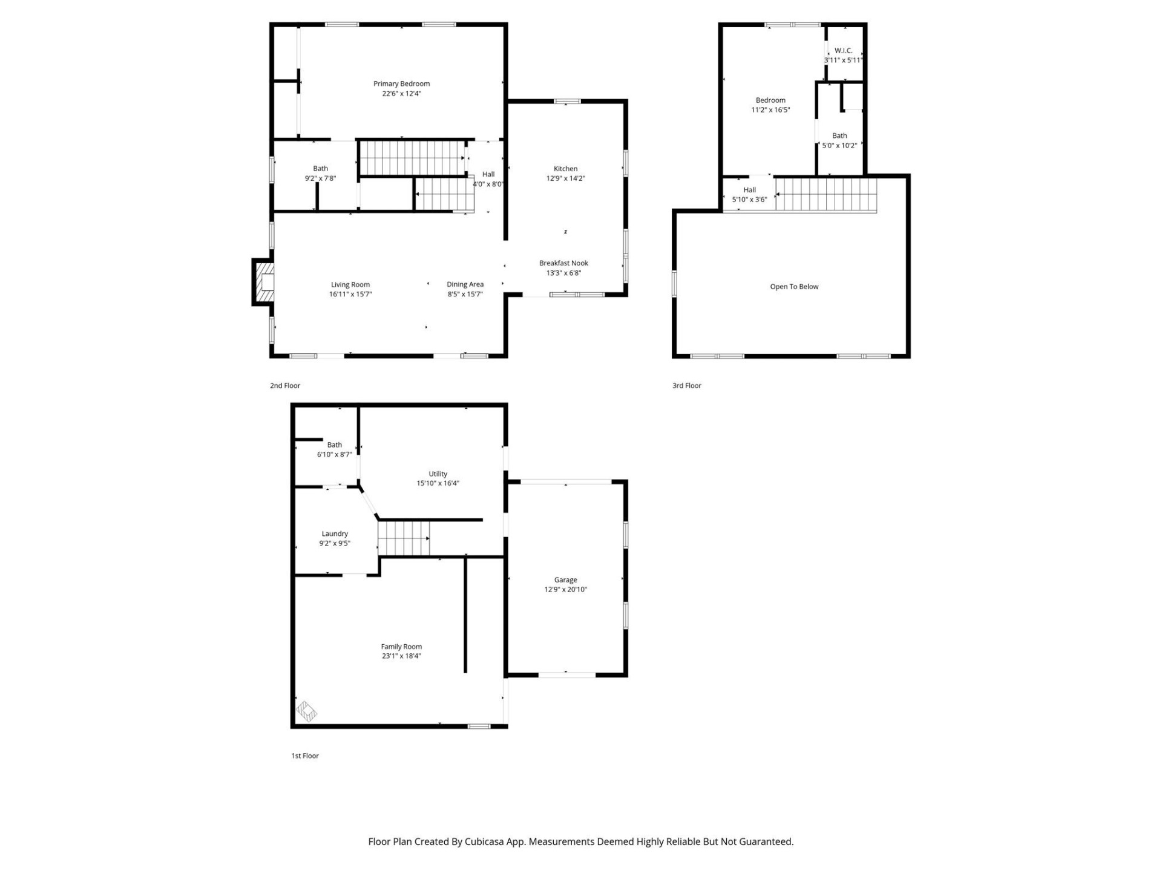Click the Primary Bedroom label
401,83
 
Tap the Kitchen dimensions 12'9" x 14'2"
565,178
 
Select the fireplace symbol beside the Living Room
264,282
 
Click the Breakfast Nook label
563,263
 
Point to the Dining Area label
465,284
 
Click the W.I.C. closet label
843,51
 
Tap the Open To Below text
794,287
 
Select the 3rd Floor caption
686,385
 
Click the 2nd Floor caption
284,385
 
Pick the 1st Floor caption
304,755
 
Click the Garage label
565,579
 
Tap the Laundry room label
335,533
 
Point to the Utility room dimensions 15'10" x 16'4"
438,483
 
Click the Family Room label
401,647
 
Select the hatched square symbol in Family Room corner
306,711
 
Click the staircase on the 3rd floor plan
826,194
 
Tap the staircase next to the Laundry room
404,538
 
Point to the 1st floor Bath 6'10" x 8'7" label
334,445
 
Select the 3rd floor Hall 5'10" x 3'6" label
749,190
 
